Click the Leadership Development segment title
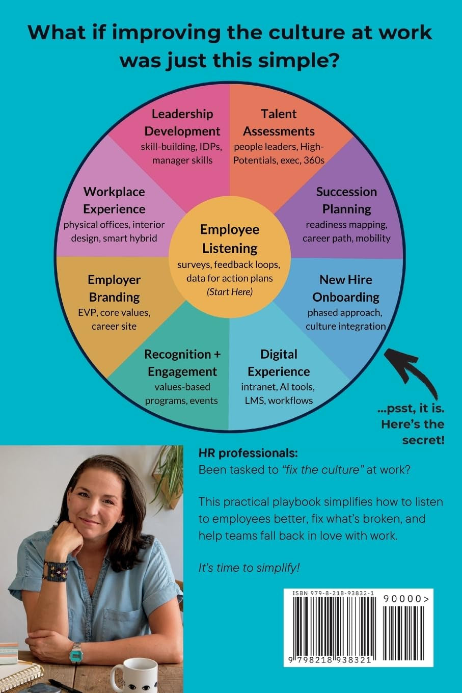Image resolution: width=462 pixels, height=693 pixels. [x=182, y=122]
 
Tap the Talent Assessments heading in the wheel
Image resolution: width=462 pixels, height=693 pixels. [x=279, y=122]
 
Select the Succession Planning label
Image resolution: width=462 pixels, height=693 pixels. [x=346, y=200]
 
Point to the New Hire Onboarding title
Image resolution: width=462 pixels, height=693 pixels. [x=346, y=288]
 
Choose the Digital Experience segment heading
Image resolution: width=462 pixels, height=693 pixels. [x=279, y=363]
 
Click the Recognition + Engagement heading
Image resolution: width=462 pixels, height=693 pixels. [x=182, y=363]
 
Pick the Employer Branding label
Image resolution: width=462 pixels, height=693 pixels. [x=114, y=288]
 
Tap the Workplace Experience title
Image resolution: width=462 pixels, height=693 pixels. [x=114, y=200]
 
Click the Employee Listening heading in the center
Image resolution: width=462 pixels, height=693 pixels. [x=229, y=239]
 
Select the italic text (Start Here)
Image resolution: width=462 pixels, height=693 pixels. [x=229, y=292]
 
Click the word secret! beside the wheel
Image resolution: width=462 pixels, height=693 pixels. [x=423, y=440]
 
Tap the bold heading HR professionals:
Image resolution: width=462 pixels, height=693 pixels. [x=248, y=454]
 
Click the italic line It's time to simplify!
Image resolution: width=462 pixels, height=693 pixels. [x=249, y=568]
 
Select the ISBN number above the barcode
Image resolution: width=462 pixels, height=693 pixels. [x=333, y=593]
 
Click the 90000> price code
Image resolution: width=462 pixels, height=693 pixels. [x=406, y=599]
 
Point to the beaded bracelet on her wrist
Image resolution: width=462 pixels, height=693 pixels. [x=56, y=571]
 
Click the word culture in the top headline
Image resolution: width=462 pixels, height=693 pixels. [x=307, y=33]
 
